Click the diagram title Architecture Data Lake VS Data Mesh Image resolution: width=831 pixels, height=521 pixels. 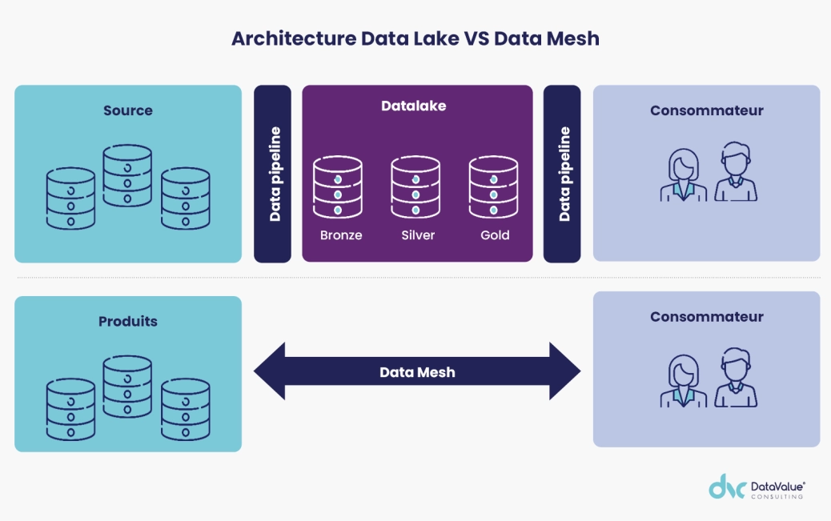[415, 38]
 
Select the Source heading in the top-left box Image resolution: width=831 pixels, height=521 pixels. [127, 110]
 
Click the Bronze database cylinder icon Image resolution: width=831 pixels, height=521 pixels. [338, 186]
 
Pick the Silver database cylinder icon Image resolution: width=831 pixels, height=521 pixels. [415, 186]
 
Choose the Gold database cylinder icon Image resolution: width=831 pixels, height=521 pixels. [493, 186]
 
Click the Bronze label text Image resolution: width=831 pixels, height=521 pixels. [341, 235]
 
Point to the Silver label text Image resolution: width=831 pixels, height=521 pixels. [418, 235]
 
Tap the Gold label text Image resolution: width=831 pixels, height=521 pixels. [495, 235]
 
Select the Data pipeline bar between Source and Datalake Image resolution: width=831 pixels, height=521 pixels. [273, 174]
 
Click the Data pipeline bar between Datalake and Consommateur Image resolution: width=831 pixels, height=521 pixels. [562, 174]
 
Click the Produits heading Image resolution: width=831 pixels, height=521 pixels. [128, 322]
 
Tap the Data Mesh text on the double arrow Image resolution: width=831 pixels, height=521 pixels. [416, 372]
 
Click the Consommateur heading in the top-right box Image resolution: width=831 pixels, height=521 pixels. [706, 110]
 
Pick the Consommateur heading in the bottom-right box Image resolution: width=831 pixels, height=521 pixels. [706, 317]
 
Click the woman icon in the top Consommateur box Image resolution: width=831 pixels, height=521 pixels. [683, 174]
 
